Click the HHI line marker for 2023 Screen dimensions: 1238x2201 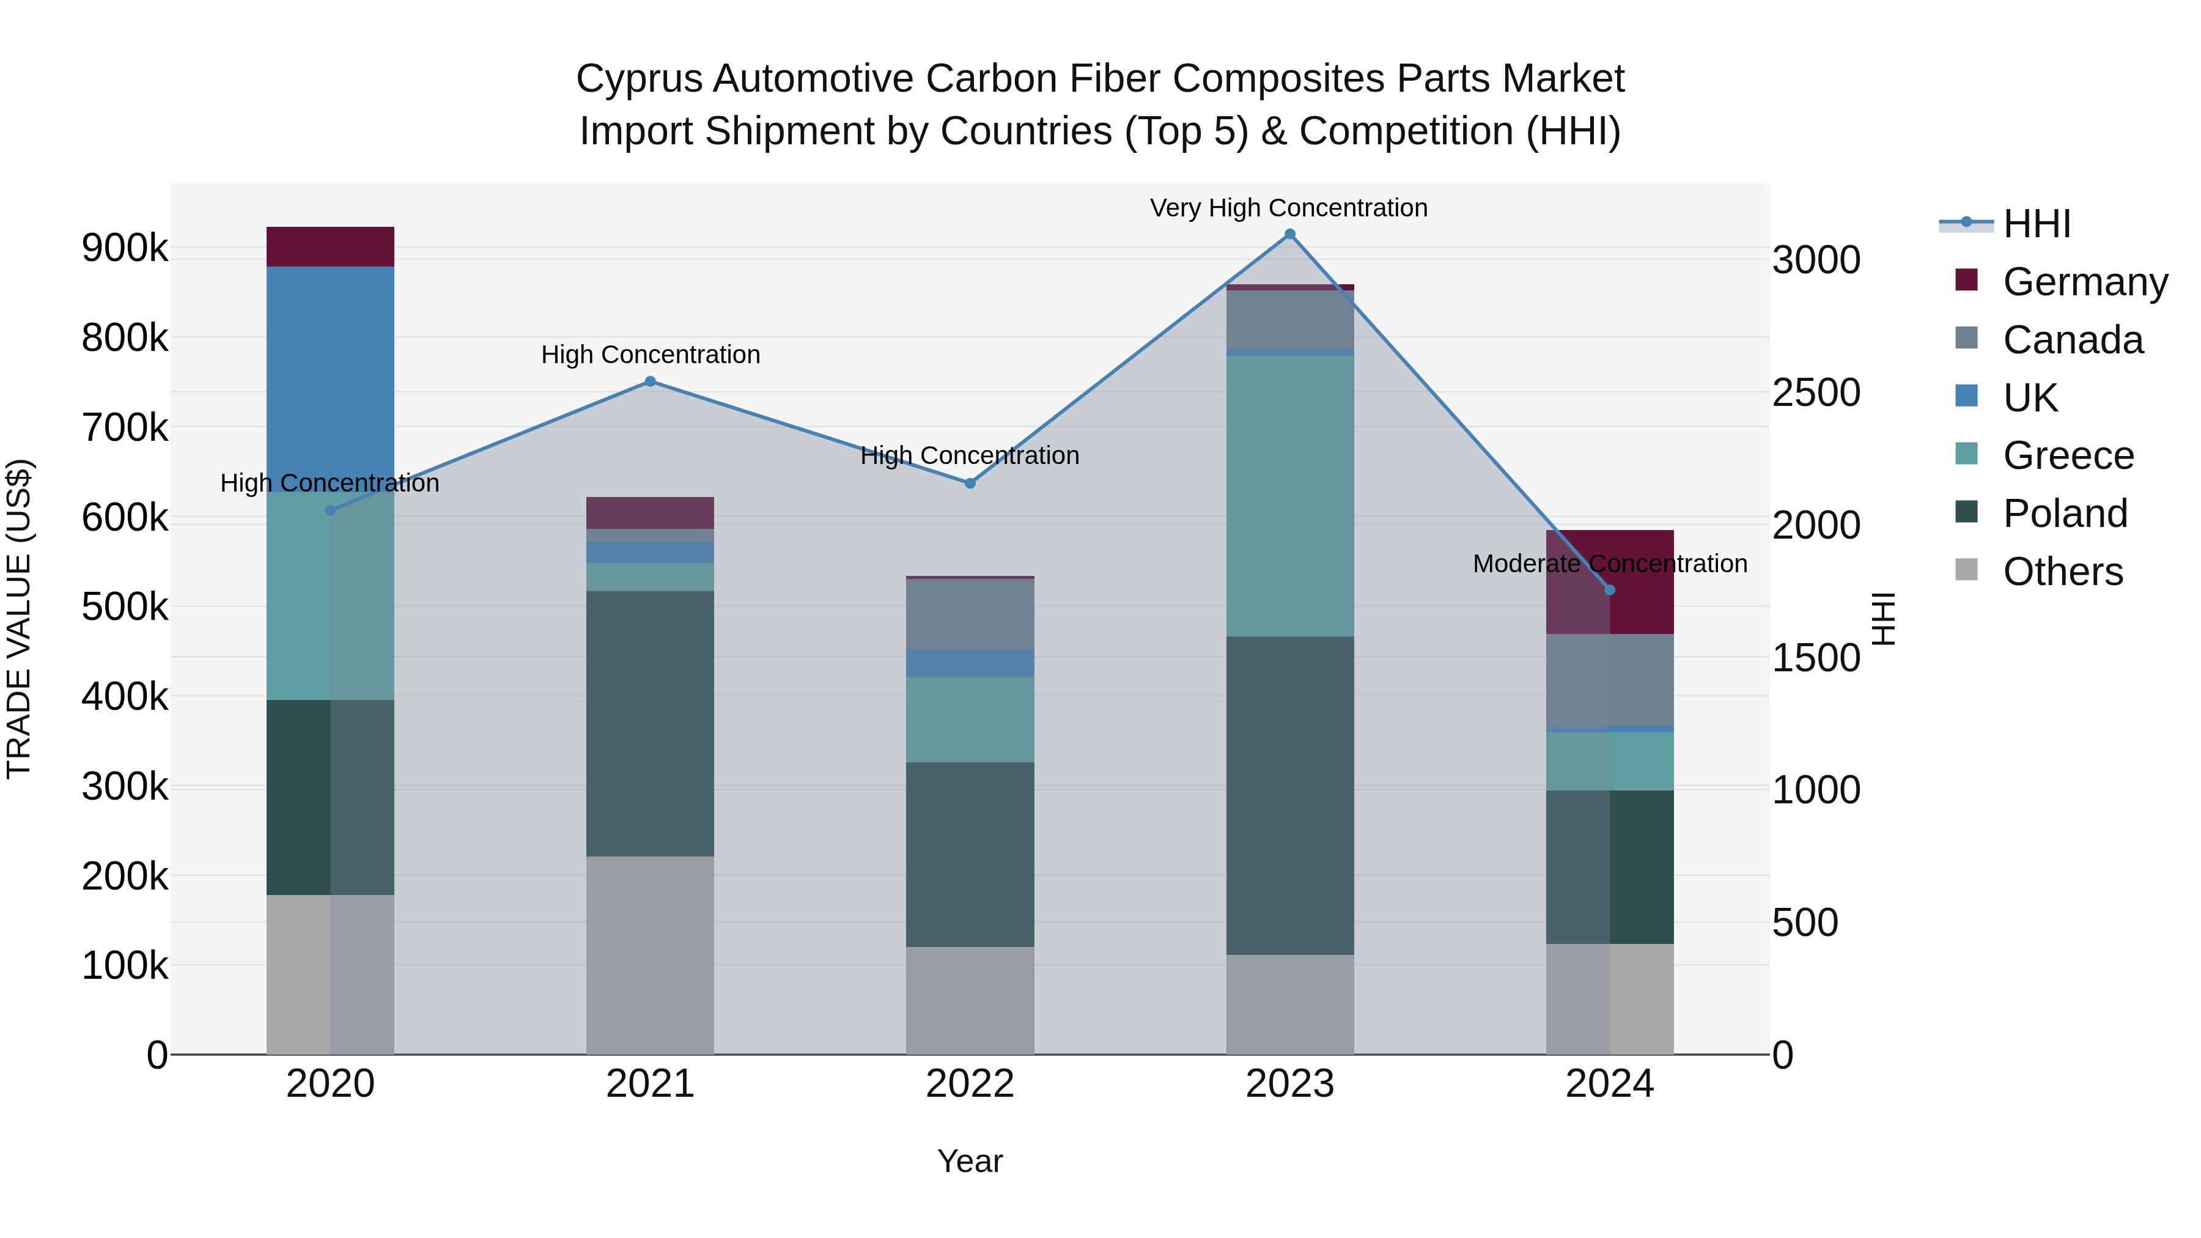1289,234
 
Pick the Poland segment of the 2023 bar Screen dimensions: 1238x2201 1289,795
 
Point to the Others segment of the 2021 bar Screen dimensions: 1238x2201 651,954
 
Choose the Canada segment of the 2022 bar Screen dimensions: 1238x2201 970,613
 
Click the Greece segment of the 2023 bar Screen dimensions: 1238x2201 1289,496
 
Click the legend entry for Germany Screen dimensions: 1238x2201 2084,282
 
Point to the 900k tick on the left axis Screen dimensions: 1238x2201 125,248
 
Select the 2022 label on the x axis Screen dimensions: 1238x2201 970,1084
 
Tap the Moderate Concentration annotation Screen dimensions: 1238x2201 1610,564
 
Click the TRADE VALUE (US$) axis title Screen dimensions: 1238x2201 19,619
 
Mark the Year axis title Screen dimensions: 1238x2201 970,1161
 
